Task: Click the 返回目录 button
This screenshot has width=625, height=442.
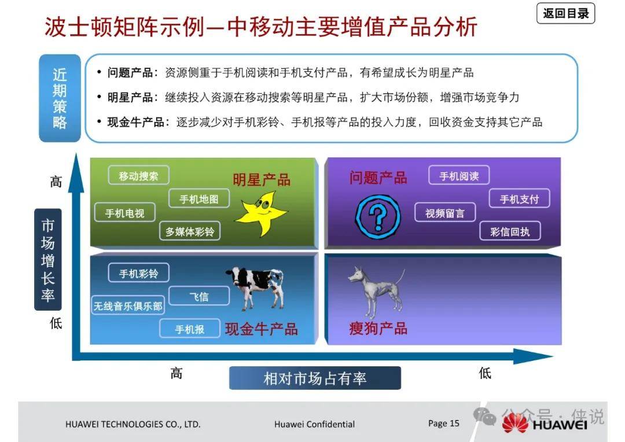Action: [565, 13]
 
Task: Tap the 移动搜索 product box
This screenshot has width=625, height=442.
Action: [139, 175]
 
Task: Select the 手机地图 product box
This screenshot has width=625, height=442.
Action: [199, 198]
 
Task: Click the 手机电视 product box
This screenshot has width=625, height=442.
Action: [125, 212]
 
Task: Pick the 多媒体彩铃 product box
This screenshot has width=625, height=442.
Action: [190, 231]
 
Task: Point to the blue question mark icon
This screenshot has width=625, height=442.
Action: [377, 217]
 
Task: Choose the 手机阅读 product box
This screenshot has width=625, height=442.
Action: [459, 175]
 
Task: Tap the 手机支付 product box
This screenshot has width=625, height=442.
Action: [519, 198]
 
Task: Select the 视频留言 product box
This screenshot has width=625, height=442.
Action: [445, 212]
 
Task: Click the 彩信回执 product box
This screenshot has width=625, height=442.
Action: [510, 231]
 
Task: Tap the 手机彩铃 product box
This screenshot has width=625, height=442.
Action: [139, 273]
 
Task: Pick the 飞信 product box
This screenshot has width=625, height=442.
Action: [199, 296]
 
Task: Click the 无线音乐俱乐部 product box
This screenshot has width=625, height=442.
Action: [128, 305]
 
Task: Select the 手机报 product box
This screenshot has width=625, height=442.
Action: [190, 329]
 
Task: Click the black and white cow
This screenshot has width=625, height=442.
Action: [257, 288]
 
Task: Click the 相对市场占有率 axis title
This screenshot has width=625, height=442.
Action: [315, 378]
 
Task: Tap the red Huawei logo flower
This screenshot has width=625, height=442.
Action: [514, 422]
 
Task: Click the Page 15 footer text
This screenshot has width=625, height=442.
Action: [444, 423]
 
